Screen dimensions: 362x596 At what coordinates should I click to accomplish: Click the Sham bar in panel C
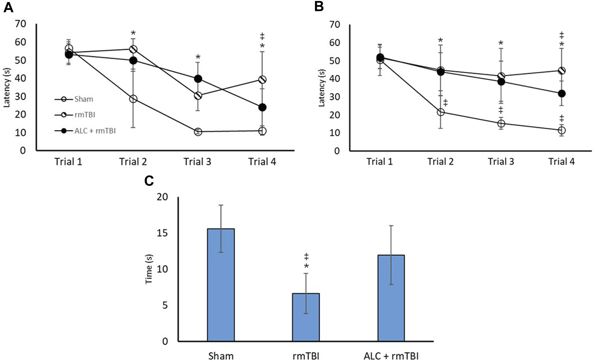[x=221, y=285]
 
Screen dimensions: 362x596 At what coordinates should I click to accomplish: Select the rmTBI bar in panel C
[x=306, y=317]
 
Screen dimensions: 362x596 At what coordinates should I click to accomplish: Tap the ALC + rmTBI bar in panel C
[x=391, y=298]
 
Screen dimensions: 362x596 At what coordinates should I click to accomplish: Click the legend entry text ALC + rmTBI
[x=95, y=131]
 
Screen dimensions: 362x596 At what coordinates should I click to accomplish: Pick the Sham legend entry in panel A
[x=84, y=99]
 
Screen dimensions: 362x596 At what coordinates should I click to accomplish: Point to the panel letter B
[x=318, y=6]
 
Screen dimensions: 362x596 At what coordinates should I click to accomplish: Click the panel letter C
[x=149, y=181]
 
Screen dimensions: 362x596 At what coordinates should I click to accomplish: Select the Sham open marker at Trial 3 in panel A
[x=198, y=132]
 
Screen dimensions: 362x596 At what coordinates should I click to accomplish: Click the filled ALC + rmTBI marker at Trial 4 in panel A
[x=262, y=108]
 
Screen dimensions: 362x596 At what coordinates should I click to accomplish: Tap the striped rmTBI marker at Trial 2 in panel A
[x=133, y=49]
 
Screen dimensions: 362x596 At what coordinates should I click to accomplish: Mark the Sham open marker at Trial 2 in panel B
[x=441, y=112]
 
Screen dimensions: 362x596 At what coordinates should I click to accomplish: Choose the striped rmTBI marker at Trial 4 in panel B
[x=562, y=71]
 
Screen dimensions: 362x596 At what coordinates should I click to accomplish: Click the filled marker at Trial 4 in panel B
[x=562, y=94]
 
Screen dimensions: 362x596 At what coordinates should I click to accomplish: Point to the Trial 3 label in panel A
[x=197, y=162]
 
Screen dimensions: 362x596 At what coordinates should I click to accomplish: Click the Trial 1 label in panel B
[x=379, y=162]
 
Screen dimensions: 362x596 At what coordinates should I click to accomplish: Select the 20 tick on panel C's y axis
[x=163, y=197]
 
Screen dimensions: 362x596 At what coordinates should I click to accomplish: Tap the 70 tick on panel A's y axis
[x=20, y=24]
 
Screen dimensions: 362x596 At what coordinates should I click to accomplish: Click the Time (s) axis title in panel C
[x=149, y=269]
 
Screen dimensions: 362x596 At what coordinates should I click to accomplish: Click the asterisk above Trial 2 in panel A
[x=133, y=33]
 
